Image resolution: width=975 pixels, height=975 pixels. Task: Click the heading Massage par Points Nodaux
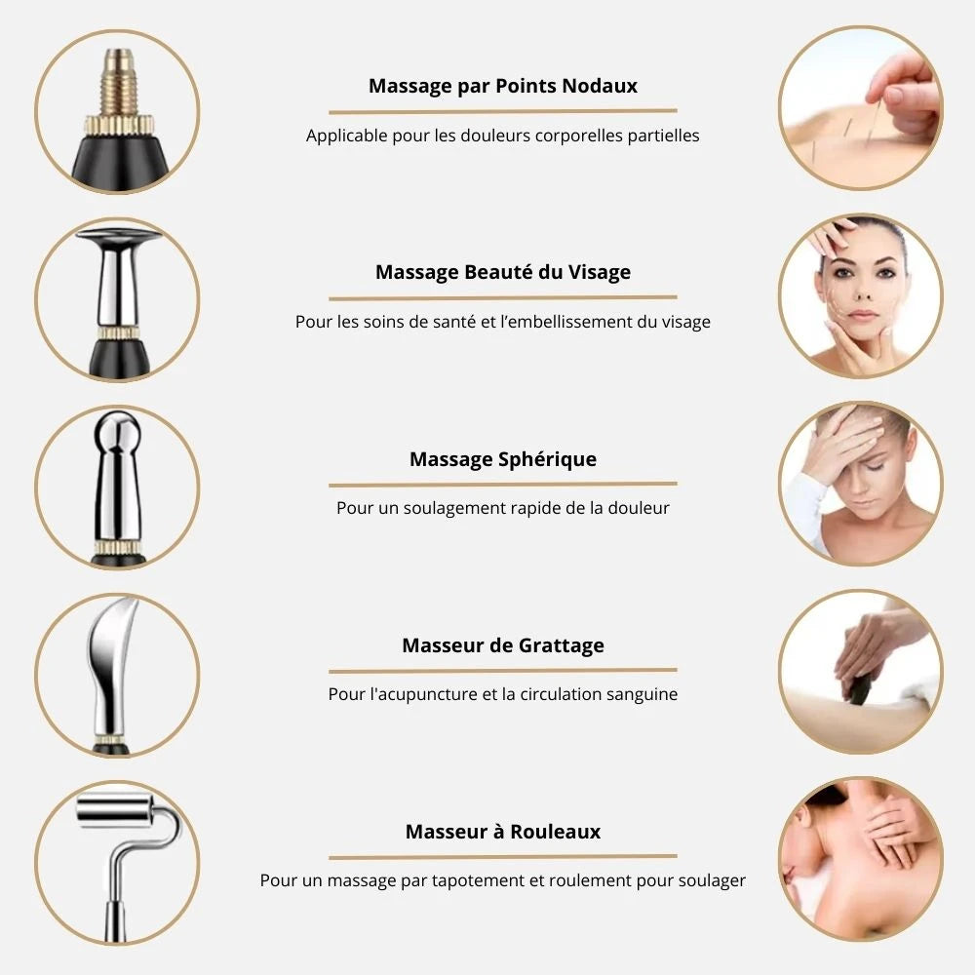point(502,86)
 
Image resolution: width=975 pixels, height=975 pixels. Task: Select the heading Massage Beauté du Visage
point(502,272)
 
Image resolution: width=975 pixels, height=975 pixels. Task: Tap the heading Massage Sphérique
point(502,459)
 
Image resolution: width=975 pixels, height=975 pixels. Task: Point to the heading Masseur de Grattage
point(502,645)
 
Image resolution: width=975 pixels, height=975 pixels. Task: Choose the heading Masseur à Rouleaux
point(502,832)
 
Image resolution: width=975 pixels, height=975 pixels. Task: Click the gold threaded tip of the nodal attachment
point(119,82)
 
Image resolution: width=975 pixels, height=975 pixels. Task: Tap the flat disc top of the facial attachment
point(119,236)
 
